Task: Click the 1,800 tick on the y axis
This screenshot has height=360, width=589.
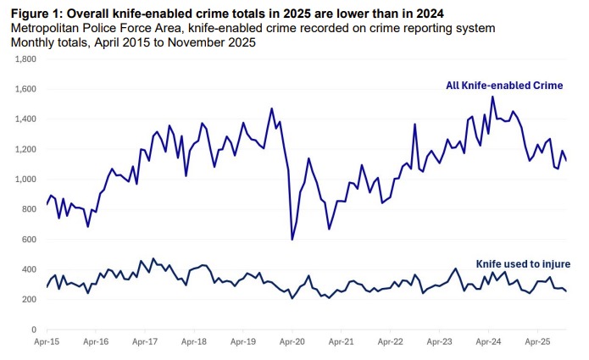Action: click(x=23, y=59)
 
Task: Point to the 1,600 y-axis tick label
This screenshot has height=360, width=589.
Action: click(x=23, y=89)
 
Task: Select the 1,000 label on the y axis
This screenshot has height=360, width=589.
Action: click(x=23, y=180)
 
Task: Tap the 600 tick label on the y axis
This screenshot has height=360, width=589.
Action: click(x=27, y=240)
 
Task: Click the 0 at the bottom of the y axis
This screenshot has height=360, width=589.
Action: click(x=32, y=330)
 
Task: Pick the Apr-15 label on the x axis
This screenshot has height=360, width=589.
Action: click(x=47, y=342)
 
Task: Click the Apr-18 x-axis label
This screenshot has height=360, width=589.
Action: click(x=194, y=342)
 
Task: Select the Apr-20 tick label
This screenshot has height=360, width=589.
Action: click(x=292, y=342)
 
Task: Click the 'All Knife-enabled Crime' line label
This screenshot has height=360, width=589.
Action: click(x=504, y=86)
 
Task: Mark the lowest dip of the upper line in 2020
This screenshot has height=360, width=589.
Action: click(x=292, y=240)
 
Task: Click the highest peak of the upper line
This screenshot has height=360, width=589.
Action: click(x=493, y=97)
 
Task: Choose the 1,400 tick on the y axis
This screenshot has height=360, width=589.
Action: click(x=23, y=119)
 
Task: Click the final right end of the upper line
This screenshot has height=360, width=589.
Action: click(x=566, y=160)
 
